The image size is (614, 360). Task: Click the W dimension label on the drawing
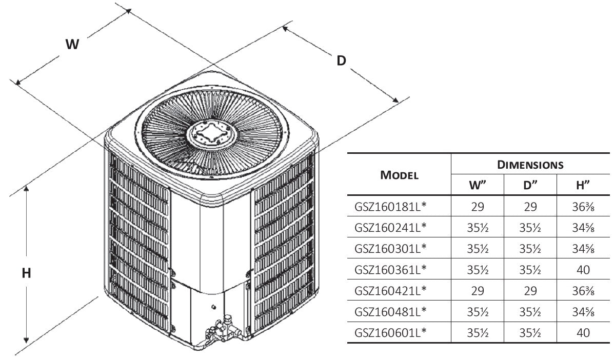[x=72, y=45]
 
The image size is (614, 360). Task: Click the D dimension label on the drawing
[x=342, y=61]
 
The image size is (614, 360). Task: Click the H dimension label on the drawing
[x=26, y=273]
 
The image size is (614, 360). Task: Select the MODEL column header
[x=399, y=174]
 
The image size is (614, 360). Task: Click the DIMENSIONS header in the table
[x=530, y=165]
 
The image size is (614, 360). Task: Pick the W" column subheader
[x=478, y=185]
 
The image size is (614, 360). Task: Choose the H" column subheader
[x=583, y=185]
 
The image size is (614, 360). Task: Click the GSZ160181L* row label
[x=390, y=207]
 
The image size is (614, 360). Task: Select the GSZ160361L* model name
[x=390, y=269]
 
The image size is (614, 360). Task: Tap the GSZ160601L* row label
[x=390, y=332]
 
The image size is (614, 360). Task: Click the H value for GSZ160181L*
[x=583, y=207]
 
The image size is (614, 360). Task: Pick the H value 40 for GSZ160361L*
[x=583, y=269]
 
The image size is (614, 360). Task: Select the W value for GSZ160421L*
[x=478, y=290]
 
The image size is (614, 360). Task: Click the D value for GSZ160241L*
[x=530, y=228]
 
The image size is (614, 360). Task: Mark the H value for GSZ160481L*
[x=583, y=311]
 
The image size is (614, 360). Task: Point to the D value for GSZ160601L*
[x=530, y=332]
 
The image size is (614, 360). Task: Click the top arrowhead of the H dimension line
[x=26, y=189]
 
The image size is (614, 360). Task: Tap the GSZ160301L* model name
[x=390, y=248]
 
